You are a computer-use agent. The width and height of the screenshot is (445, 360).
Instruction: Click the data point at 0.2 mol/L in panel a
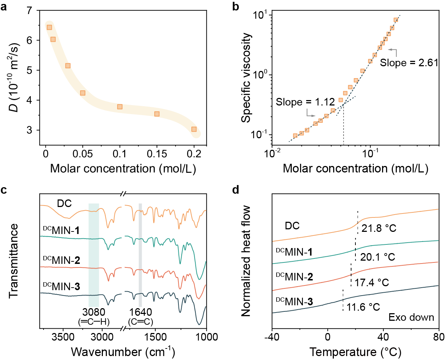194,129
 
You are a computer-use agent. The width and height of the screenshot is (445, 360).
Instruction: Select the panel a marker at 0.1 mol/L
120,107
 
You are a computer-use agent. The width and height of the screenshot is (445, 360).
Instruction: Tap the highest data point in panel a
49,27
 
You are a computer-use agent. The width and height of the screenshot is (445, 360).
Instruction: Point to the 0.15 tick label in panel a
157,154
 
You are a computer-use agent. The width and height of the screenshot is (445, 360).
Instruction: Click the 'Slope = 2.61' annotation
409,63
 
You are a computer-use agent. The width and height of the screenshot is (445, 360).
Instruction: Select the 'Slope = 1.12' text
305,102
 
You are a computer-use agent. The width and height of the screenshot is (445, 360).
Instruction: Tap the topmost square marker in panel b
396,20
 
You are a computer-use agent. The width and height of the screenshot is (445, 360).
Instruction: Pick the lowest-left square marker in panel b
295,136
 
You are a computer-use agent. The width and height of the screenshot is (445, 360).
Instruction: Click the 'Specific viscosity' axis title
246,78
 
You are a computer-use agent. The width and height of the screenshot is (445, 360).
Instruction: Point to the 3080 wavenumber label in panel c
94,312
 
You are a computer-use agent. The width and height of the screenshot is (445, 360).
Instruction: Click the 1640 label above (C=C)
141,312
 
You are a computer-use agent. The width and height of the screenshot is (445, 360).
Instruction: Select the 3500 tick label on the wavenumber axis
63,337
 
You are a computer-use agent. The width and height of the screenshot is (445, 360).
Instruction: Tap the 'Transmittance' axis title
14,261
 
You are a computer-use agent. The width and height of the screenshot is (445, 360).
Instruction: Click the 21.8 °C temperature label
379,228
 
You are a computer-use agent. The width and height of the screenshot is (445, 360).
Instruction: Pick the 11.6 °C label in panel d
363,307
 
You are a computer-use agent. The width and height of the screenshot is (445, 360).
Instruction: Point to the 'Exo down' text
411,318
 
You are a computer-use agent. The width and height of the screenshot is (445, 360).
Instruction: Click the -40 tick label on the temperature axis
272,337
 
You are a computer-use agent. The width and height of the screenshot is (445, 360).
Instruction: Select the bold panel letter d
236,190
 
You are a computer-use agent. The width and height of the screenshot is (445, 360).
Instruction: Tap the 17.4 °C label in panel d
372,282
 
